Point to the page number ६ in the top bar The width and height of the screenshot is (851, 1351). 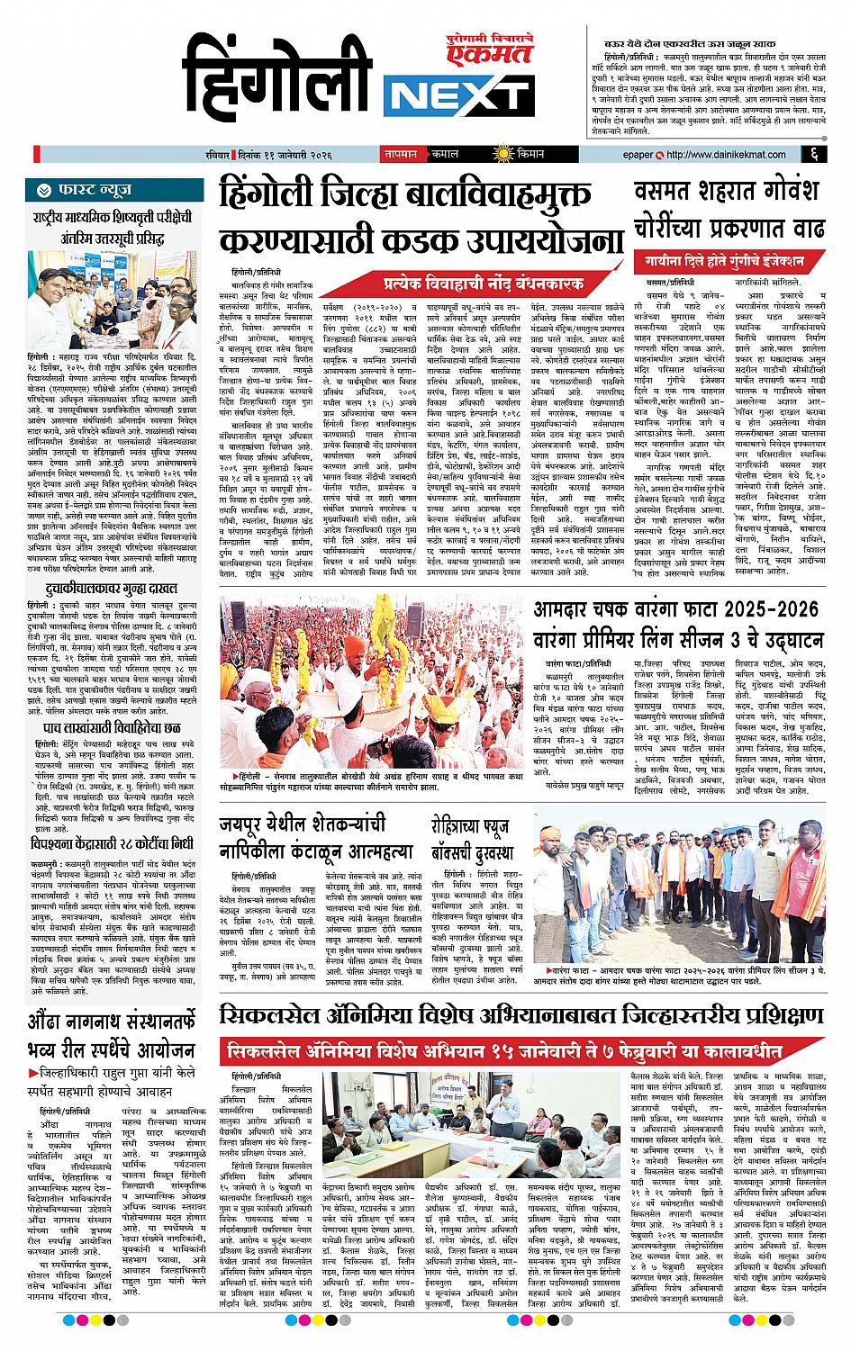coord(812,153)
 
